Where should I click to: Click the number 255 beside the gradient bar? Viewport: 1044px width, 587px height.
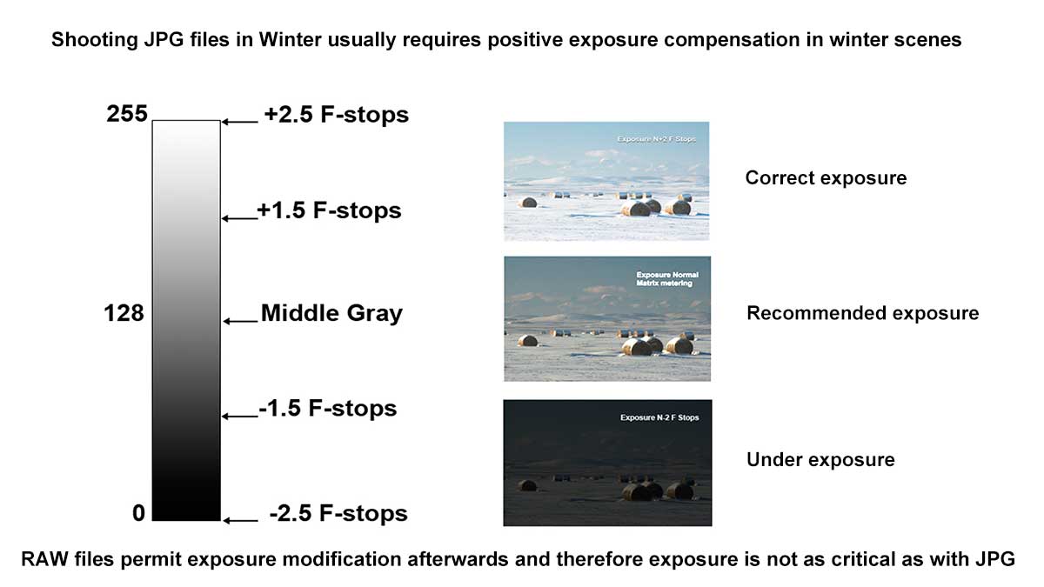coord(127,114)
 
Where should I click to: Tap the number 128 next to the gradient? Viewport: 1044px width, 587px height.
coord(124,313)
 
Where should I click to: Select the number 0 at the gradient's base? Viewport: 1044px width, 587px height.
coord(138,513)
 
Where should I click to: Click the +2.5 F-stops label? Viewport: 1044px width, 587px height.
coord(336,115)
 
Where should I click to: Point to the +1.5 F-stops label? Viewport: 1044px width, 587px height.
coord(329,210)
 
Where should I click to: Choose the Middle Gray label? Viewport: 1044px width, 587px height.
coord(331,313)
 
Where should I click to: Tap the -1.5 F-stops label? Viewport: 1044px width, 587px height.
coord(328,409)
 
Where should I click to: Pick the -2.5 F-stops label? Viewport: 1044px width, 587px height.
coord(338,513)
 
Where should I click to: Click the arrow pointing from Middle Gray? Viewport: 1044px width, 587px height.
coord(240,321)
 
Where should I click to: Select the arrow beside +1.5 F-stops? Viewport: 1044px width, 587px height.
coord(239,218)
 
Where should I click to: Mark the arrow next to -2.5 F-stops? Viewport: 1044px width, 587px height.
coord(240,520)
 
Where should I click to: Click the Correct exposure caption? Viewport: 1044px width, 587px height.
coord(826,178)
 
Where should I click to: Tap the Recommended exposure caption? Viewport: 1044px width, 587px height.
coord(863,313)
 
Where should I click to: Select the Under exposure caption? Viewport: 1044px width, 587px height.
coord(820,460)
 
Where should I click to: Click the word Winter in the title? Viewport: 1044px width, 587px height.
coord(290,40)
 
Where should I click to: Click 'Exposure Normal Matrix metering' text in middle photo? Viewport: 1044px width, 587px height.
coord(667,279)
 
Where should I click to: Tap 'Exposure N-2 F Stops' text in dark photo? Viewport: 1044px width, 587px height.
coord(659,417)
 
